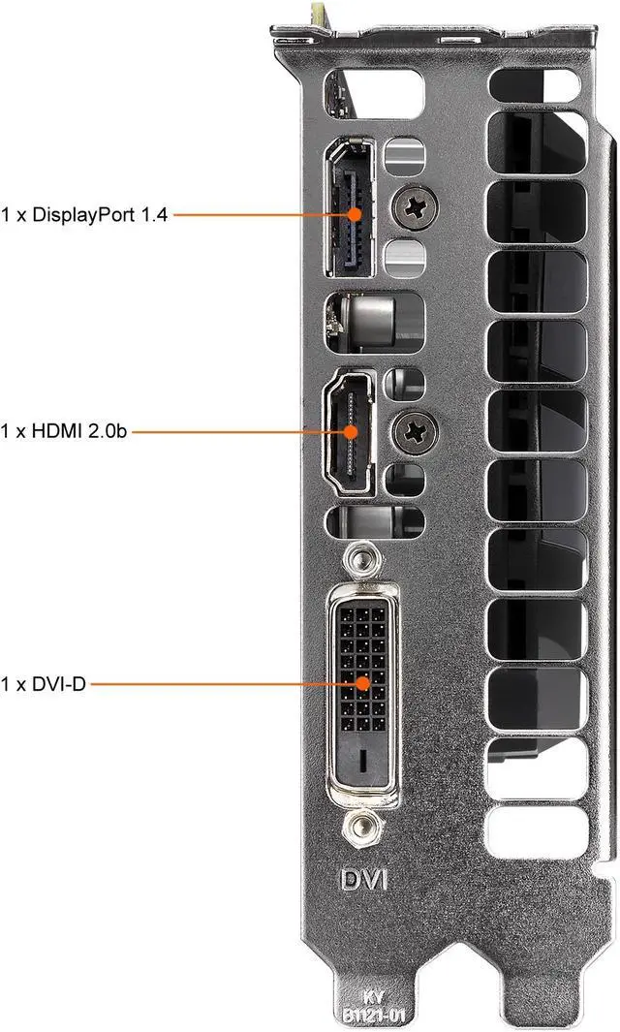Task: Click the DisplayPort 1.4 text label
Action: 85,214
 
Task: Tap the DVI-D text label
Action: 44,685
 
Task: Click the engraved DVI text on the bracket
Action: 363,880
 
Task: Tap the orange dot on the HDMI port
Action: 351,430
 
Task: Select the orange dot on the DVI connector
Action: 364,684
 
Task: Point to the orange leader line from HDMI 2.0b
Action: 237,430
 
